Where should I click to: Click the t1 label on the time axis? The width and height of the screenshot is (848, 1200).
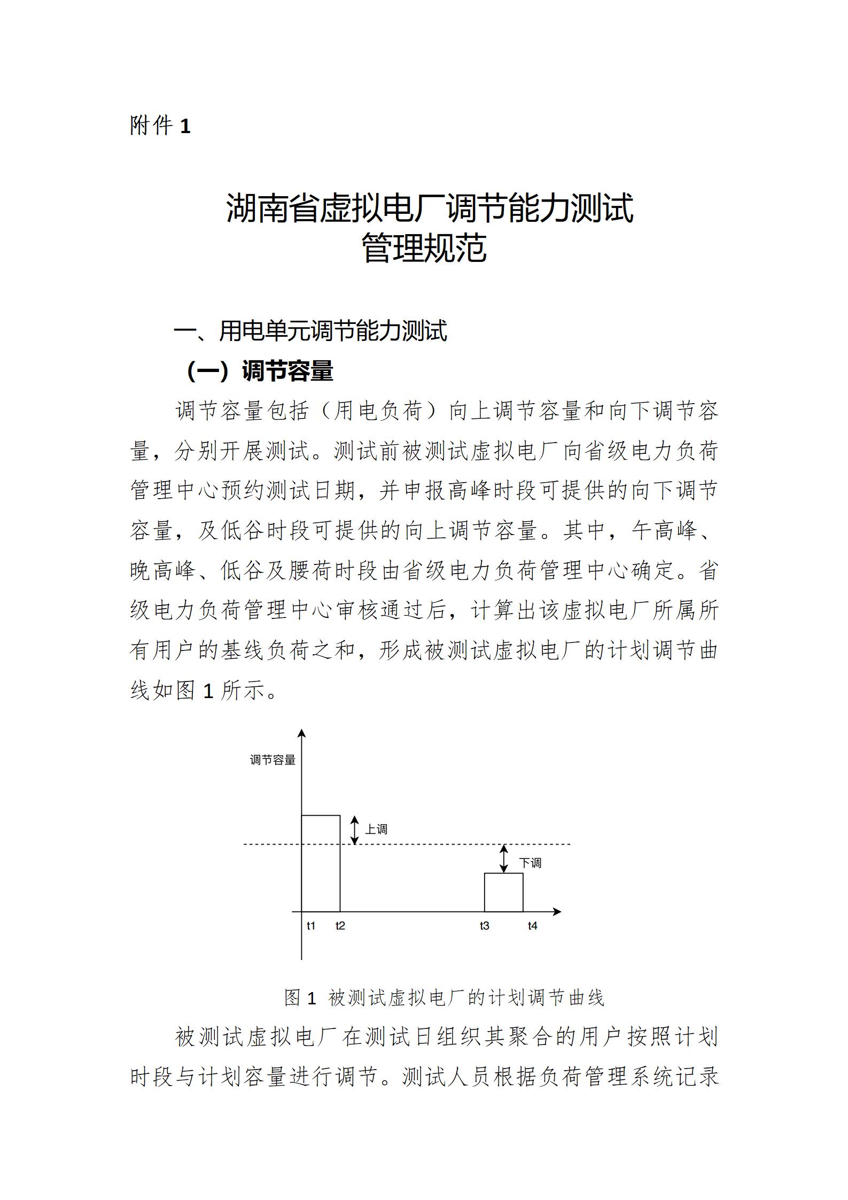(x=311, y=926)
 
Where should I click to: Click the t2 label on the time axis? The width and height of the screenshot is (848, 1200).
(x=340, y=926)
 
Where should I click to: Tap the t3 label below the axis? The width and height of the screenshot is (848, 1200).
(x=484, y=926)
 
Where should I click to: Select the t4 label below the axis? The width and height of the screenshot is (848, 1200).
(x=532, y=926)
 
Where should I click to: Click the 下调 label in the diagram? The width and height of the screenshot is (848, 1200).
(x=531, y=863)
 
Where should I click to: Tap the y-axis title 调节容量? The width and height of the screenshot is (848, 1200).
(x=273, y=760)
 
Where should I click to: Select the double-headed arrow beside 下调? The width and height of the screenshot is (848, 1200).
(x=503, y=858)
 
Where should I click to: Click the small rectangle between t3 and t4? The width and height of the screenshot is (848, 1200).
(x=503, y=892)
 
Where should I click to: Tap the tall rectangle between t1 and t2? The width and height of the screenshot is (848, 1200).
(x=321, y=863)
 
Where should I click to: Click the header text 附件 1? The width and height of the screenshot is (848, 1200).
(x=160, y=126)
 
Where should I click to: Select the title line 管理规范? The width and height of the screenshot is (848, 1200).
(x=424, y=248)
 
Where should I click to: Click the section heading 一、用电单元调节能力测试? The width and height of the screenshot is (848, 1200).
(x=310, y=331)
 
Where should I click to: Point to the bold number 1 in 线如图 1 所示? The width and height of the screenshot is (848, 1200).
(x=208, y=692)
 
